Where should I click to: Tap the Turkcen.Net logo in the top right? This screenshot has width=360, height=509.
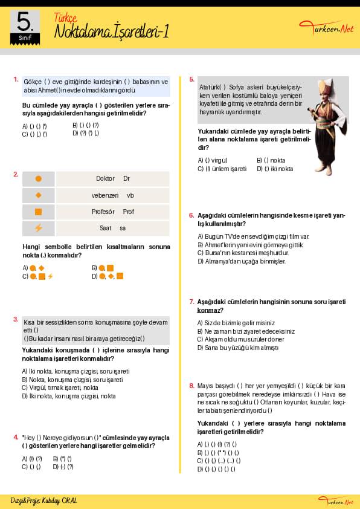326,28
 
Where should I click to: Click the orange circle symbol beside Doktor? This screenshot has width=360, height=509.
38,178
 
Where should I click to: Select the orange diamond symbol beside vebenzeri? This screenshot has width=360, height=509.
38,195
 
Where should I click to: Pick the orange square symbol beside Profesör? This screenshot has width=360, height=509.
38,212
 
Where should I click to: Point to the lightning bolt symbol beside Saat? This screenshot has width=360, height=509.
38,229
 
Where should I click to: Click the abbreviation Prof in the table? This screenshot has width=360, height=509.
128,212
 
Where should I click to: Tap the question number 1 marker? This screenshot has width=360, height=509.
16,79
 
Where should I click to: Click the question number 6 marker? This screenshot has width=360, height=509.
191,215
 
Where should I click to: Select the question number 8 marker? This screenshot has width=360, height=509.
191,386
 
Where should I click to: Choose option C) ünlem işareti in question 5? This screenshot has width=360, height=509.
222,169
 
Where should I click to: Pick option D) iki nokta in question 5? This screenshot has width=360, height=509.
275,169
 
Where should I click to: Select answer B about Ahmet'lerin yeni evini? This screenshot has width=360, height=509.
251,245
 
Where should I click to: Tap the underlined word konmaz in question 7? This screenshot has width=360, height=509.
208,310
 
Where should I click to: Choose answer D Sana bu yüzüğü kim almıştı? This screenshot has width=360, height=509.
238,348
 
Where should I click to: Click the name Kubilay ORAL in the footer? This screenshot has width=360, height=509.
59,501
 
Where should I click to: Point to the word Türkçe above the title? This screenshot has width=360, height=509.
65,18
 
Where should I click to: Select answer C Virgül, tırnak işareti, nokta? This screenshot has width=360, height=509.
60,387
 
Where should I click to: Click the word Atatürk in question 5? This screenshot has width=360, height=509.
209,87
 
